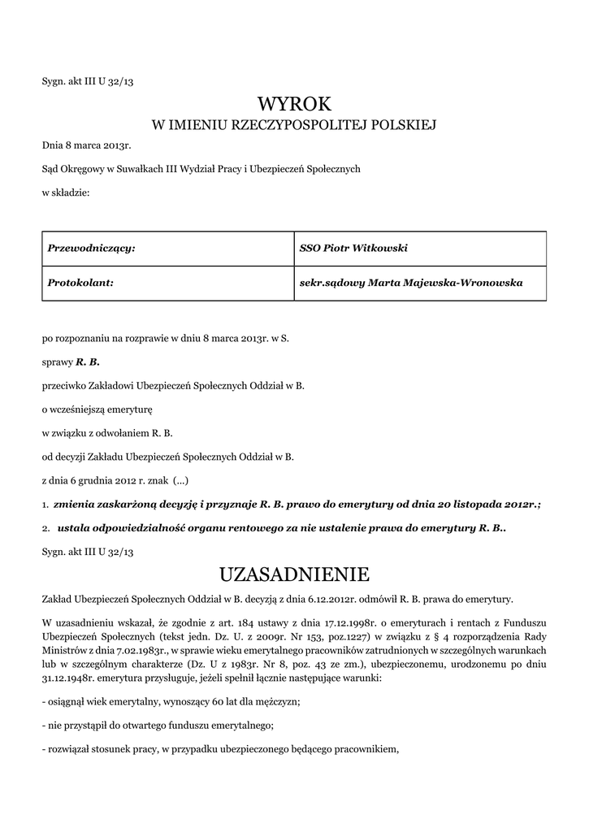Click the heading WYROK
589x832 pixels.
294,103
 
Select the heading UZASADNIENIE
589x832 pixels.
294,575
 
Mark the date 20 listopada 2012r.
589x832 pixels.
485,504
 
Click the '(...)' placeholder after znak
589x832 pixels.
181,479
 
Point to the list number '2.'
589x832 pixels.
46,528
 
